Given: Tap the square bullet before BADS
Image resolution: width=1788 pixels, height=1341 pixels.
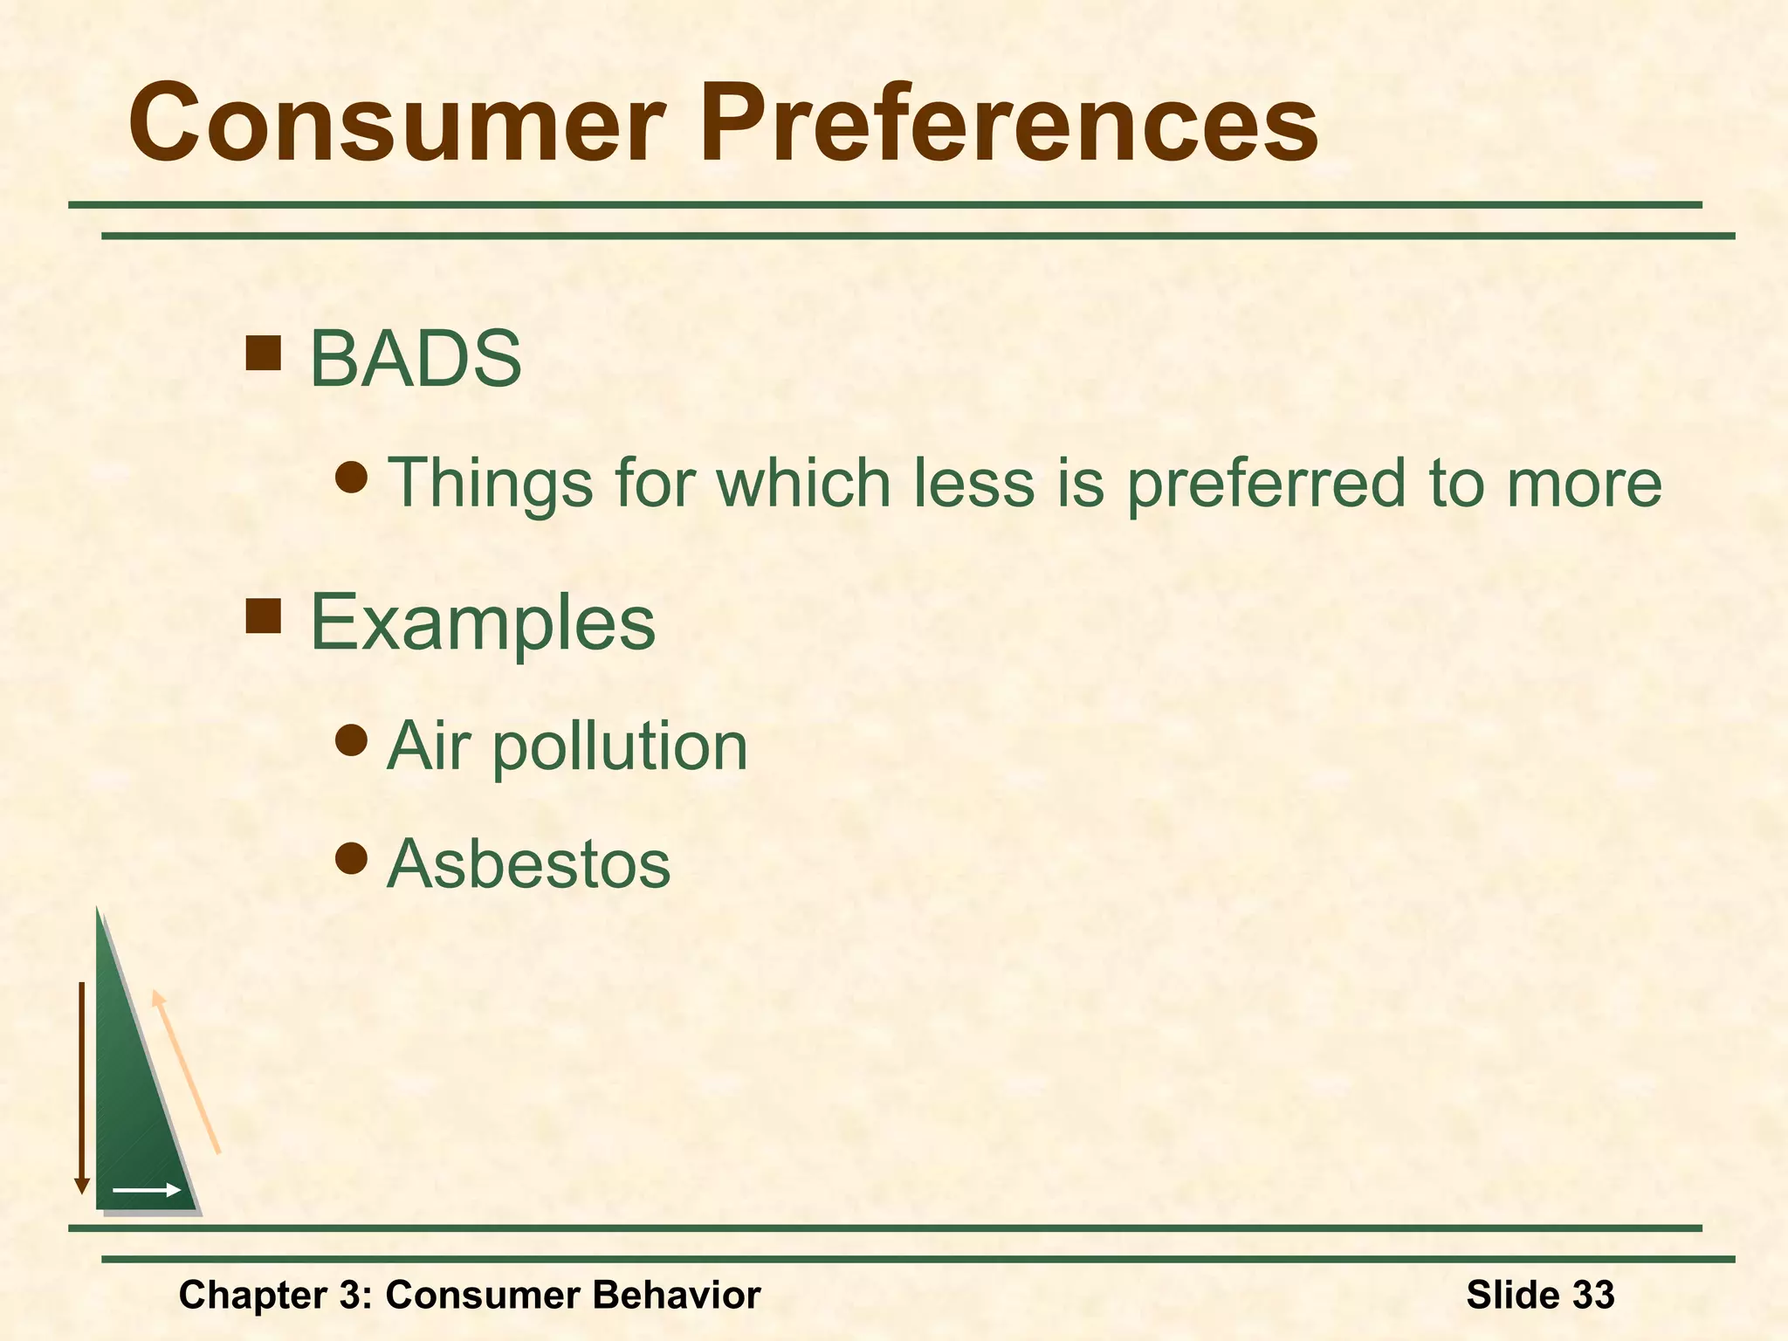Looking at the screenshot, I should tap(263, 354).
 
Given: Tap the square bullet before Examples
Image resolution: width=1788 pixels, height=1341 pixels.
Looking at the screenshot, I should tap(263, 615).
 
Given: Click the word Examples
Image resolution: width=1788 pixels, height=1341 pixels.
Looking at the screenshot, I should tap(483, 622).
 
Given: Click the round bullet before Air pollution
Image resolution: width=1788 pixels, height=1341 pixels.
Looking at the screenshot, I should tap(351, 740).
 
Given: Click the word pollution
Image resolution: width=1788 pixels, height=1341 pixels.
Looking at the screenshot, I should tap(620, 747).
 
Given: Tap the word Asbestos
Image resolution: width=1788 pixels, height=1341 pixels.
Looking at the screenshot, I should tap(529, 863).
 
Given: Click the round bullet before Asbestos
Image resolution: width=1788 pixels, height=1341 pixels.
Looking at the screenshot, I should tap(351, 858).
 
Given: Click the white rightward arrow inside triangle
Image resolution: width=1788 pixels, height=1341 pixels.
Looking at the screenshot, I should tap(146, 1190).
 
